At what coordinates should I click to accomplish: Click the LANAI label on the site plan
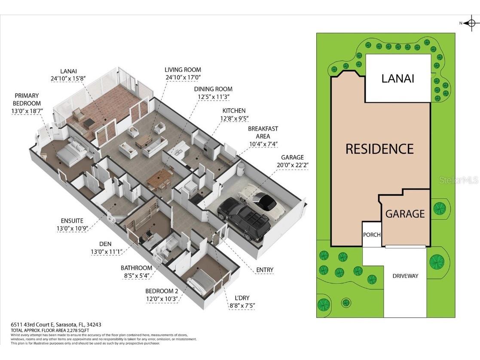397,78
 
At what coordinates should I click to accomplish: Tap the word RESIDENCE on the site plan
379,149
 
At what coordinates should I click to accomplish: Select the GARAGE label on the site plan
405,214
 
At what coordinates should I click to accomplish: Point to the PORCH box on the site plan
372,235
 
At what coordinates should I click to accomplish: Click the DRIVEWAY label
405,276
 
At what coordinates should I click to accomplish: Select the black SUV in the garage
244,218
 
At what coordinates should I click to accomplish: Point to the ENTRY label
265,270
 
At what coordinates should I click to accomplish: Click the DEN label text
105,244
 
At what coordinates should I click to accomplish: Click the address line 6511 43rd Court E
56,325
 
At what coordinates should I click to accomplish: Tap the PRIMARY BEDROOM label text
27,99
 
